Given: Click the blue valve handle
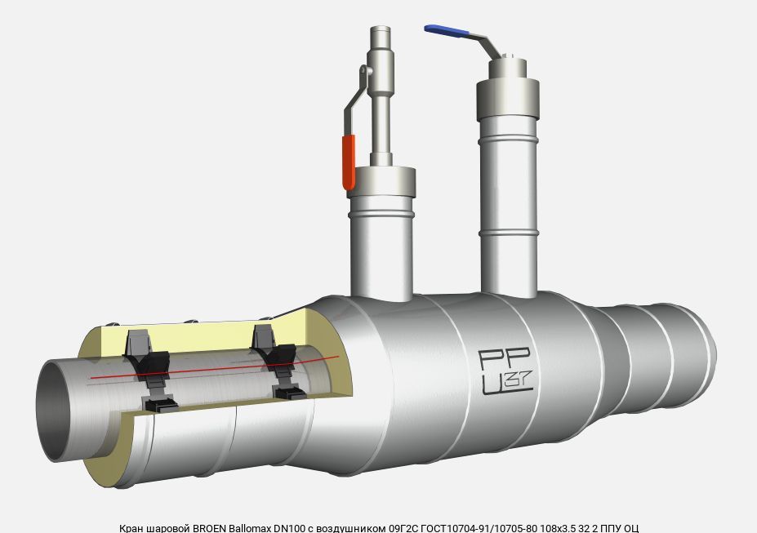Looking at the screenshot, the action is (446, 31).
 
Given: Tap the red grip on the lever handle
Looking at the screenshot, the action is (349, 162).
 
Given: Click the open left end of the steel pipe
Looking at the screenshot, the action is (54, 411).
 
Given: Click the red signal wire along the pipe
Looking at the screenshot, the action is (215, 367).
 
